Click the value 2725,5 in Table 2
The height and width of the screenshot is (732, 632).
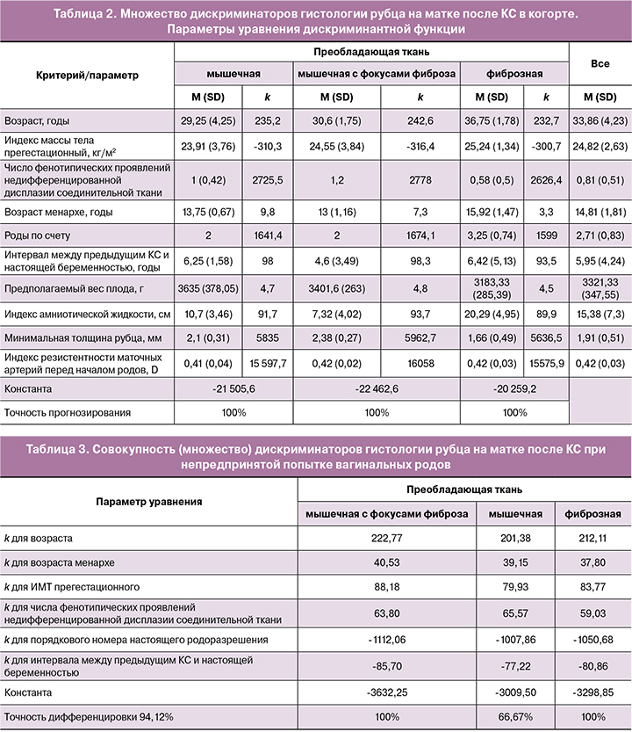point(264,176)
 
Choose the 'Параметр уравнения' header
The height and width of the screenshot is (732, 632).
point(148,501)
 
